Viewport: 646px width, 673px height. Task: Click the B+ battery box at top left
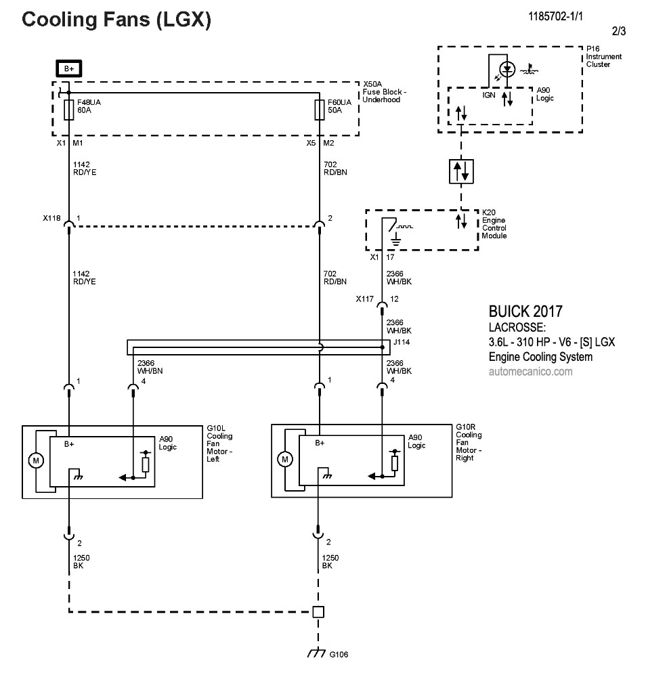[68, 68]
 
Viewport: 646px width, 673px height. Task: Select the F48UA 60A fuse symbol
[68, 110]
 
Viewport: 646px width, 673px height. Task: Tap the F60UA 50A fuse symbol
[319, 110]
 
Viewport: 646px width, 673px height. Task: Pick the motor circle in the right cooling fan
[284, 460]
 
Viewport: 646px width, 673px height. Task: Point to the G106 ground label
[339, 655]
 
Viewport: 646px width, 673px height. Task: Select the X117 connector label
[364, 299]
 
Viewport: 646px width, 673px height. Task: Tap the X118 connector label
[51, 218]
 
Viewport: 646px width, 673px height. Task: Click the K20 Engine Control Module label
[494, 228]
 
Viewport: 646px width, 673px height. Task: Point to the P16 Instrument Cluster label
[599, 57]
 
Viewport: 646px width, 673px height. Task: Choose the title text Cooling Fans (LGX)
[116, 20]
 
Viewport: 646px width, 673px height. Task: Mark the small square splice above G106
[318, 612]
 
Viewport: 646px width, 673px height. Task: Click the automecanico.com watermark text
[530, 372]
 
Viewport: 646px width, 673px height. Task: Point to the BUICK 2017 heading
[525, 312]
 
